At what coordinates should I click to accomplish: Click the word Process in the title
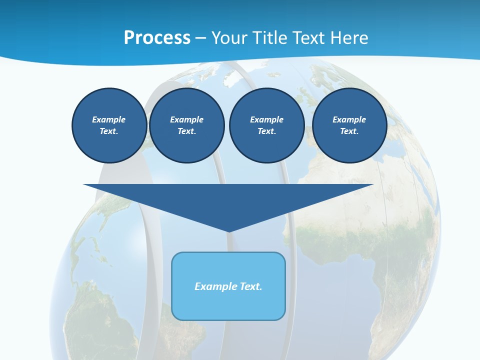pos(157,38)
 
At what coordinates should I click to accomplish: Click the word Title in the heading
pos(269,38)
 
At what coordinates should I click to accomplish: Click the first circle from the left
pos(109,125)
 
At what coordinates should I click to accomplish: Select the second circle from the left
pos(186,125)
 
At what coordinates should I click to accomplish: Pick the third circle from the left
pos(266,125)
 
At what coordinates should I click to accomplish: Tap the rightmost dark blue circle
pos(349,125)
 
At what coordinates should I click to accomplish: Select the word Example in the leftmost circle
pos(109,119)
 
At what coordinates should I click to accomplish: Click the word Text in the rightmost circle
pos(349,131)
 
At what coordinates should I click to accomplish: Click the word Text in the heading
pos(309,38)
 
